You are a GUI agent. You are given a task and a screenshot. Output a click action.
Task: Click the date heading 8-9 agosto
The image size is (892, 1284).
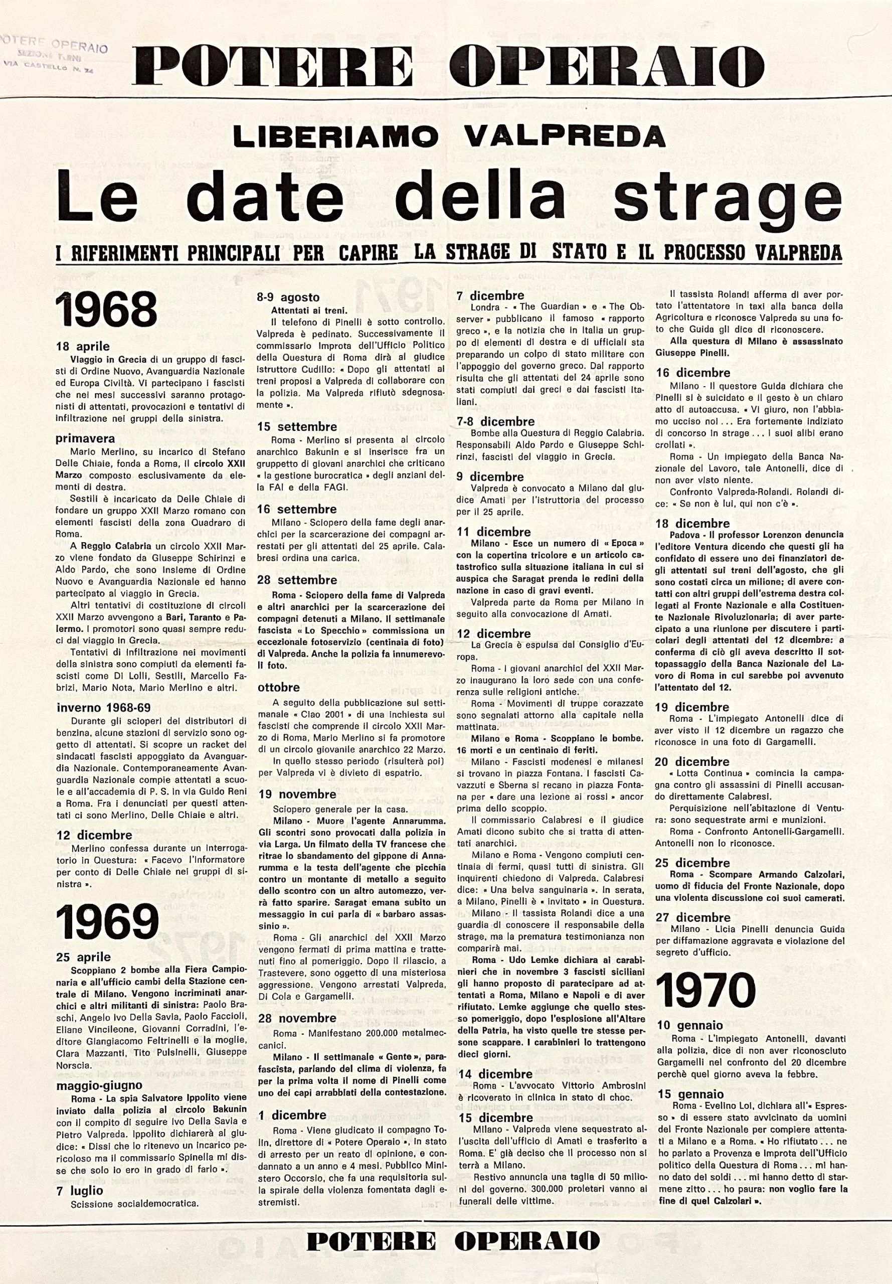pos(288,297)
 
